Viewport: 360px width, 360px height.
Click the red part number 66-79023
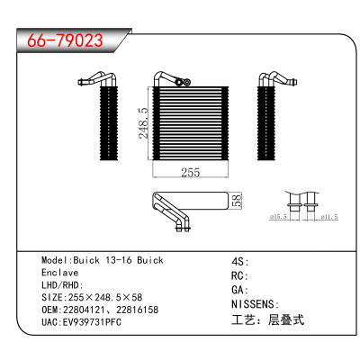65,40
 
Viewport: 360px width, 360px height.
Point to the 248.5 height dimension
144,123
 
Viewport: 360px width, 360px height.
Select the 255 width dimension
191,172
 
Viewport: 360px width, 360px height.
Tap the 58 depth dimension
237,201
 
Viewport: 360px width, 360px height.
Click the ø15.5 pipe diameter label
278,217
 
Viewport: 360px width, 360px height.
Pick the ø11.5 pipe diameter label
329,217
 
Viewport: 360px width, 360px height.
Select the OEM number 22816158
138,310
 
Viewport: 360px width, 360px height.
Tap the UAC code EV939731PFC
92,322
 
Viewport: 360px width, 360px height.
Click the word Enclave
60,273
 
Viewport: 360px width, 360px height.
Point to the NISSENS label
253,304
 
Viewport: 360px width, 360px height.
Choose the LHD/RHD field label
60,285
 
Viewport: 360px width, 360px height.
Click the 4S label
238,262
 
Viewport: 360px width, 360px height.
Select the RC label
238,275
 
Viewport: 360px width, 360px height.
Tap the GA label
238,290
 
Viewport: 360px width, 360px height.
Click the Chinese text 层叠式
286,319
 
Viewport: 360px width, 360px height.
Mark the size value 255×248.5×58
105,297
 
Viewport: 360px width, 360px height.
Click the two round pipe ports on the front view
183,82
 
